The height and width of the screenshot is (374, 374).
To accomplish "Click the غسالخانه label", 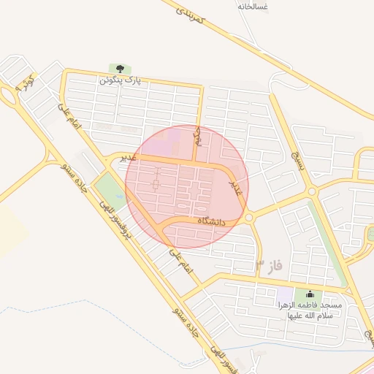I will coord(253,6).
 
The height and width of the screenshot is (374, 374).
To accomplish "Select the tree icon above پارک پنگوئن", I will coord(115,69).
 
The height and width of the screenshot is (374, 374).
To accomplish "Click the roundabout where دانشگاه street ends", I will coord(248,218).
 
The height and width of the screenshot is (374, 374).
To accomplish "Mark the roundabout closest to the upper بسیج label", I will coord(313,191).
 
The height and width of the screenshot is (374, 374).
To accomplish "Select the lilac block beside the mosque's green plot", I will coord(283,299).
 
